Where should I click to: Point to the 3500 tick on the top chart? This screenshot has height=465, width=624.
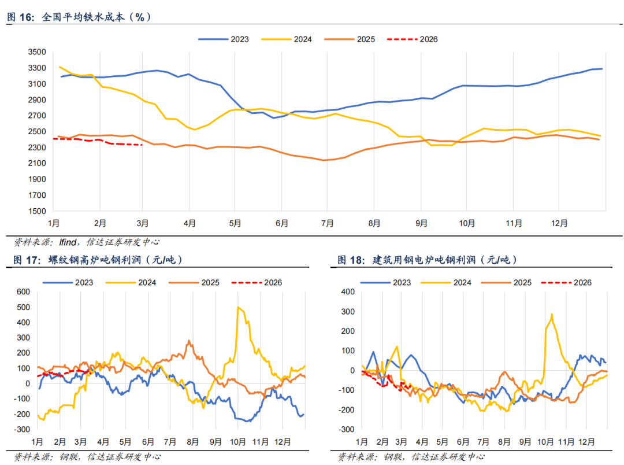[x=36, y=52]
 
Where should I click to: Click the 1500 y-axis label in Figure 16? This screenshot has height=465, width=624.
[x=36, y=211]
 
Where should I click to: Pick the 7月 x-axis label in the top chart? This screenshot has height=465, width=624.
[x=327, y=223]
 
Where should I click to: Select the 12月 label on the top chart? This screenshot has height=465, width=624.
[x=559, y=223]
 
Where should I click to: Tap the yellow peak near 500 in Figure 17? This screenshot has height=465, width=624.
[x=239, y=308]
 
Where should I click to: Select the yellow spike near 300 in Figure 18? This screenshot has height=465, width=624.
[x=552, y=315]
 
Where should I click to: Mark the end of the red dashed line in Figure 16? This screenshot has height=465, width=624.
[x=142, y=145]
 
